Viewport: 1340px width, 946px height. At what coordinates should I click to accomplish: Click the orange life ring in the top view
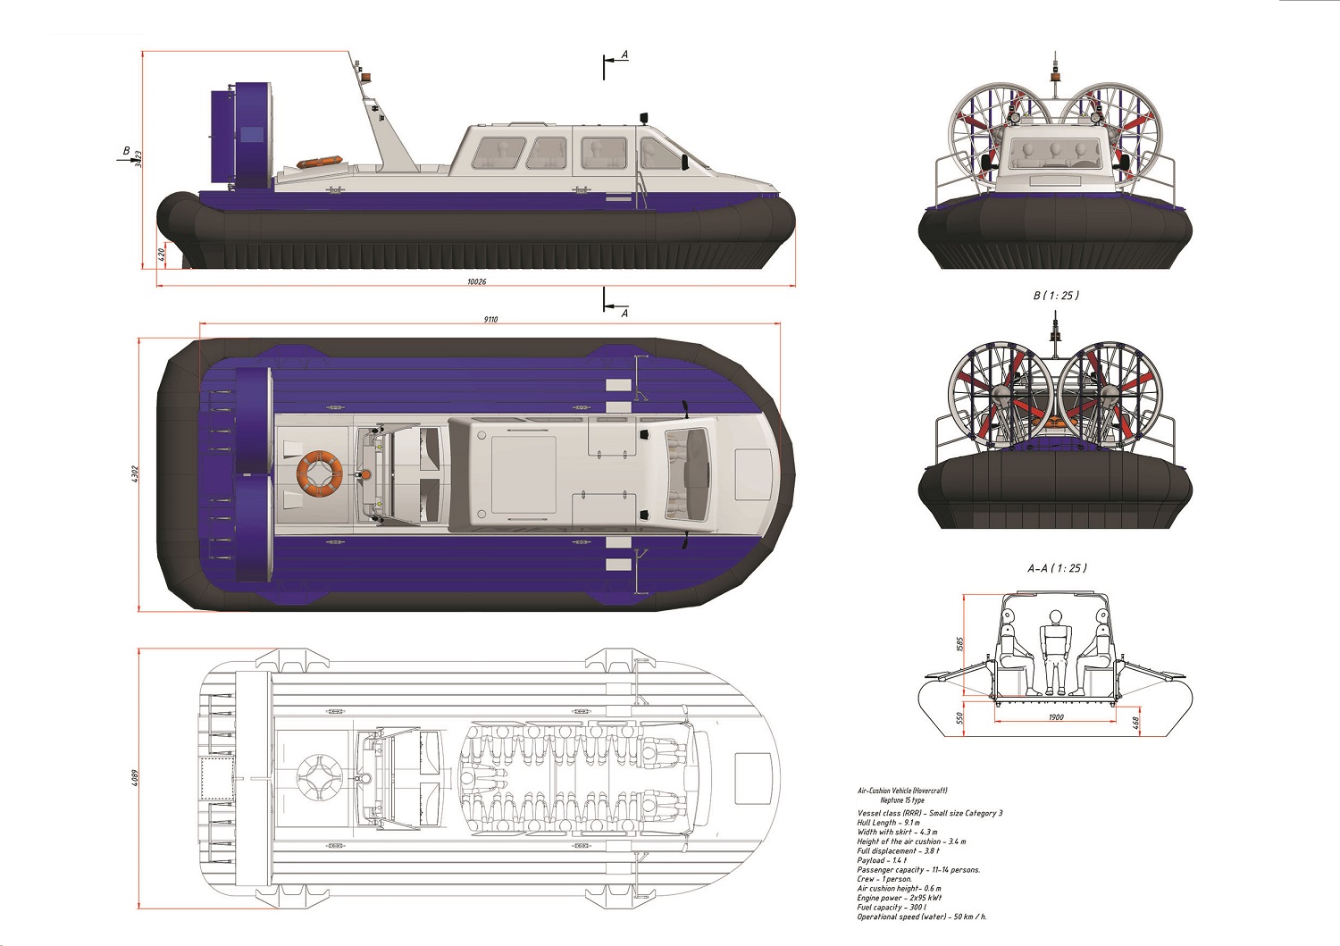point(319,471)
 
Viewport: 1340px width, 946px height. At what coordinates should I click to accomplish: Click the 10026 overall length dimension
point(476,281)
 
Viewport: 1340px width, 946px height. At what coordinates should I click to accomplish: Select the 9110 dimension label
point(490,319)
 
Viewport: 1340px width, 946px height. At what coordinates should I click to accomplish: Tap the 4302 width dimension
point(135,474)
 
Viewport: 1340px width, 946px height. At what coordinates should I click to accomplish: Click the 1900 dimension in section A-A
point(1056,717)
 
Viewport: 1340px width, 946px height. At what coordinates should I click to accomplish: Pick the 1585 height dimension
point(960,644)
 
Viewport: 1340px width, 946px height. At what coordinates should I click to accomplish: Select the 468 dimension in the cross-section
point(1135,722)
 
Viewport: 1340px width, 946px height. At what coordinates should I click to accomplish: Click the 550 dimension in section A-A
point(960,718)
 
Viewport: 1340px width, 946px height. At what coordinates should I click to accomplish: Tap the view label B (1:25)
point(1056,296)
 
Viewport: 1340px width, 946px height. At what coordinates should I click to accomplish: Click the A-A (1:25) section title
point(1057,568)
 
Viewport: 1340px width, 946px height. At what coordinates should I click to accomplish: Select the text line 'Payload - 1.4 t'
point(882,860)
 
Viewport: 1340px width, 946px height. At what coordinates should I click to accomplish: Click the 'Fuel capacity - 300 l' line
point(891,908)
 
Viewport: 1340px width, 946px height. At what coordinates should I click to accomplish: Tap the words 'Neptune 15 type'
point(902,800)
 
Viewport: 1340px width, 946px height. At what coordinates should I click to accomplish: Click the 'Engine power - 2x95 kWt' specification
point(899,898)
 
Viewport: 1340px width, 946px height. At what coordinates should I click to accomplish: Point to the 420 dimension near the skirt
point(162,254)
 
